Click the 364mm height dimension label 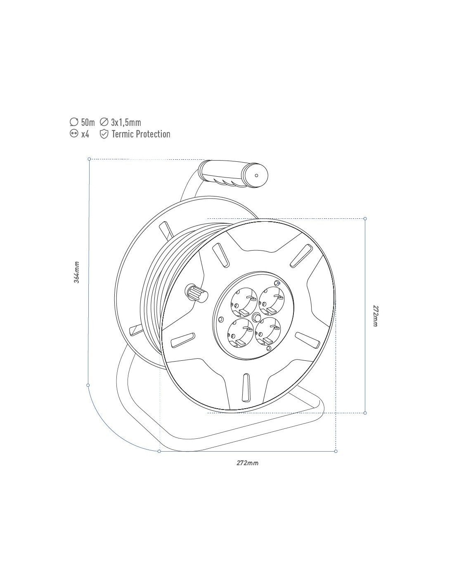tap(77, 272)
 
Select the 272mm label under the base tap(247, 463)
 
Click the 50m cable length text tap(88, 122)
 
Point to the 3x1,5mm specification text tap(126, 122)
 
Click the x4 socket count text tap(85, 134)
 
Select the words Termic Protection tap(141, 134)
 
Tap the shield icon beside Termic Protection tap(104, 134)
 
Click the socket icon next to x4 tap(74, 133)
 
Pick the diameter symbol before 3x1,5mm tap(104, 122)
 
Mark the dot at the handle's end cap tap(256, 175)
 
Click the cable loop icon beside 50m tap(74, 122)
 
